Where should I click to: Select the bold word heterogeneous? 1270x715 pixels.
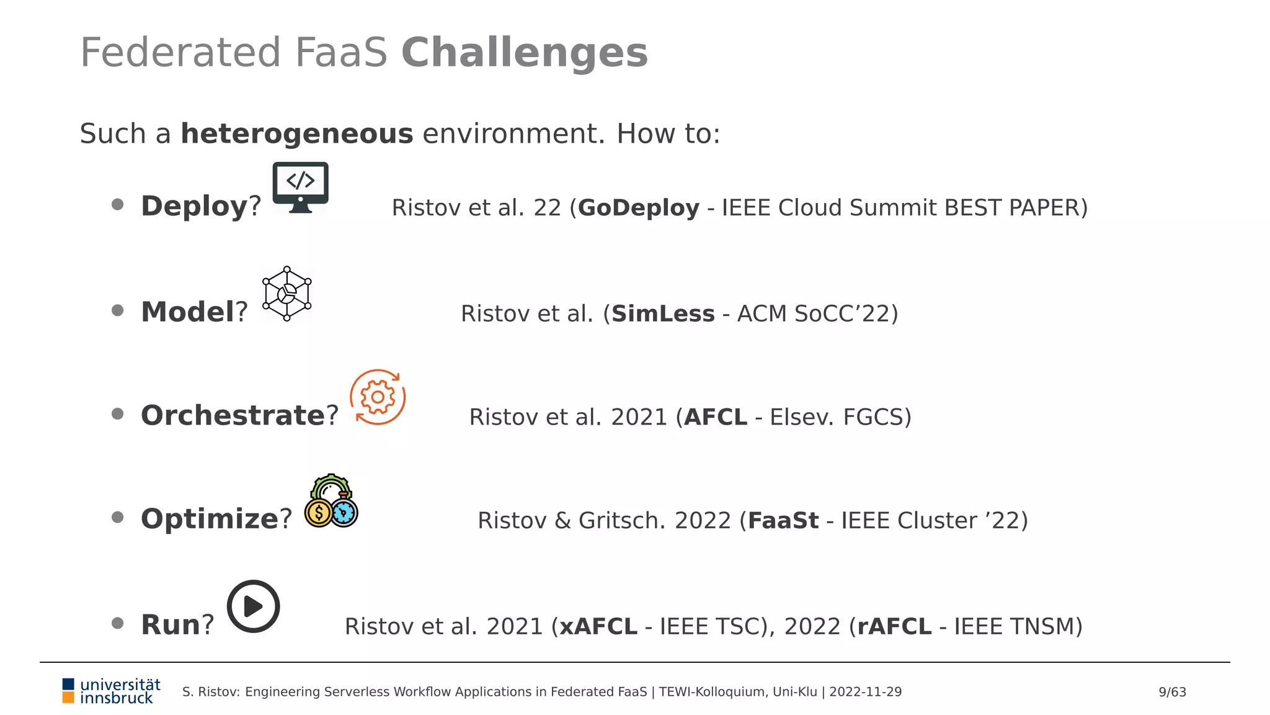point(296,134)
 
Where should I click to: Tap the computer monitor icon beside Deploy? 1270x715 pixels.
point(300,187)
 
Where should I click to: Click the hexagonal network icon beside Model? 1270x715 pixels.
point(286,294)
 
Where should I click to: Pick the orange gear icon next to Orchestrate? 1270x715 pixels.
point(378,397)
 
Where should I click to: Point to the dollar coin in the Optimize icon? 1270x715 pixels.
point(319,513)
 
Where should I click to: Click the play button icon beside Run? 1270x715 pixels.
point(253,606)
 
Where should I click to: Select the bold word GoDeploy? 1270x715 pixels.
point(639,208)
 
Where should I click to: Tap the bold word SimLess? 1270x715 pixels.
point(663,314)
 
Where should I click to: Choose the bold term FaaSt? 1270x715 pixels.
point(783,521)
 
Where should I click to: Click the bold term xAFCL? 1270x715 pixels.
point(598,627)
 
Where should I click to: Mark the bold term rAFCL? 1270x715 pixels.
point(894,627)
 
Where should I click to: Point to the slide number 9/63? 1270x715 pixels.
point(1172,692)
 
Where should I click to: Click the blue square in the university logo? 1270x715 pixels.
point(68,684)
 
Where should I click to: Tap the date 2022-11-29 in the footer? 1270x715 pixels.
point(865,692)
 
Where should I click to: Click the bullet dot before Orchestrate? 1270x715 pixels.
point(117,414)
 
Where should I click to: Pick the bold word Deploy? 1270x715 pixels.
point(194,207)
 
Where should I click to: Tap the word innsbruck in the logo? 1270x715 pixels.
point(117,699)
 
